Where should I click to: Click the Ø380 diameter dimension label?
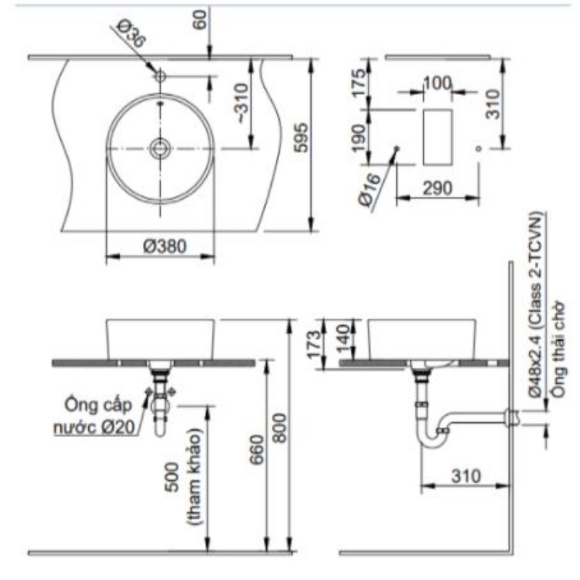click(165, 246)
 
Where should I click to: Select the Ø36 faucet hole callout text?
click(131, 33)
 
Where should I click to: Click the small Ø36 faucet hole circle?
click(160, 76)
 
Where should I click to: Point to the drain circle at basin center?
click(160, 149)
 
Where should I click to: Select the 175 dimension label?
click(358, 83)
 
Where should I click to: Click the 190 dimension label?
click(358, 138)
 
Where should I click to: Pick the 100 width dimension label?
click(438, 83)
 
